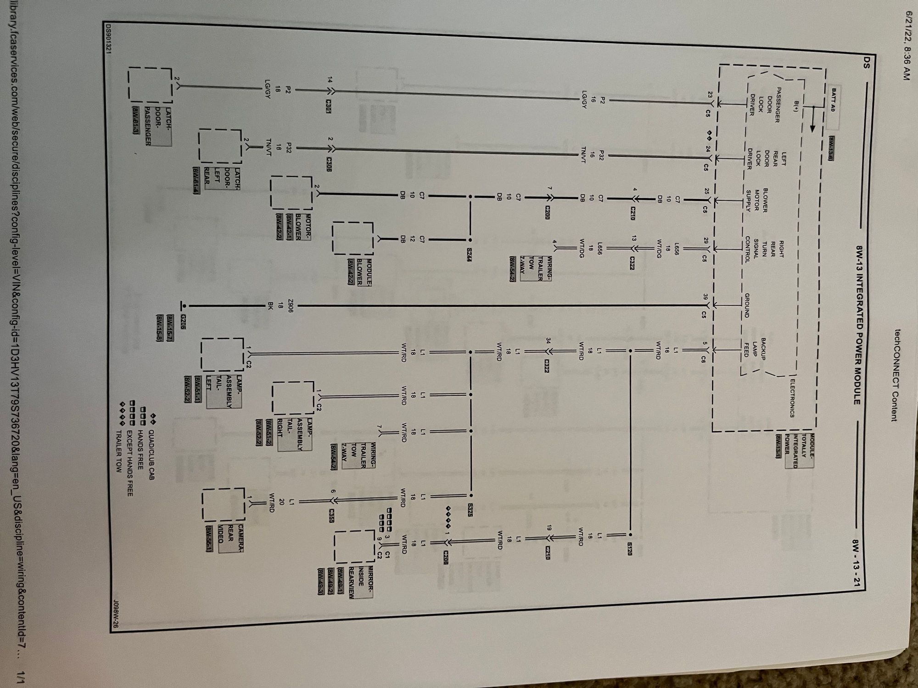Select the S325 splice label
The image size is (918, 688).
tap(470, 510)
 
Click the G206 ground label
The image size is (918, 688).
tap(184, 319)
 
